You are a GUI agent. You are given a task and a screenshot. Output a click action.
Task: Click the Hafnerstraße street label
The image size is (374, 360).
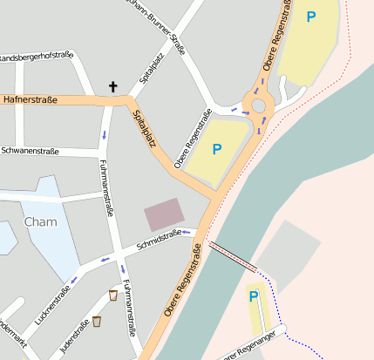tap(31, 100)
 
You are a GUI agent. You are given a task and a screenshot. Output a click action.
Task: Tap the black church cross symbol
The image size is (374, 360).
tap(112, 86)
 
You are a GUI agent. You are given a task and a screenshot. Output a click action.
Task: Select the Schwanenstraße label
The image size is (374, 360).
tap(30, 151)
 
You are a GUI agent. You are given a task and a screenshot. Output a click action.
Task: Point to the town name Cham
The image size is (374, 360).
tap(40, 221)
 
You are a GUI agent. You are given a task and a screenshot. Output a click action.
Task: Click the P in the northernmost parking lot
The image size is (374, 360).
tap(311, 16)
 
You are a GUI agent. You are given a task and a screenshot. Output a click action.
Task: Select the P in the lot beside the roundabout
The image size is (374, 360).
tap(217, 148)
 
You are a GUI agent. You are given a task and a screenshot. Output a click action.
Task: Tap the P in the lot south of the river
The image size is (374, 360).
tap(254, 296)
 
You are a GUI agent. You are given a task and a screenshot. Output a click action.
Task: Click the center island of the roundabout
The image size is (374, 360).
tap(258, 106)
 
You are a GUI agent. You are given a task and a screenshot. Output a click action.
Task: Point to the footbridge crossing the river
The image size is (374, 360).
tap(232, 258)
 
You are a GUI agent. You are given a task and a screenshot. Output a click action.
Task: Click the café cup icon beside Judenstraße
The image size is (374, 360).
tap(96, 322)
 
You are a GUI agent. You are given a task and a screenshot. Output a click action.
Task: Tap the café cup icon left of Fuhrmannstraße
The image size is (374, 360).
tap(112, 295)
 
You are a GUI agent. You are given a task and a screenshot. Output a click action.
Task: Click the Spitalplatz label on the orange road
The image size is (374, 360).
tap(144, 127)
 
